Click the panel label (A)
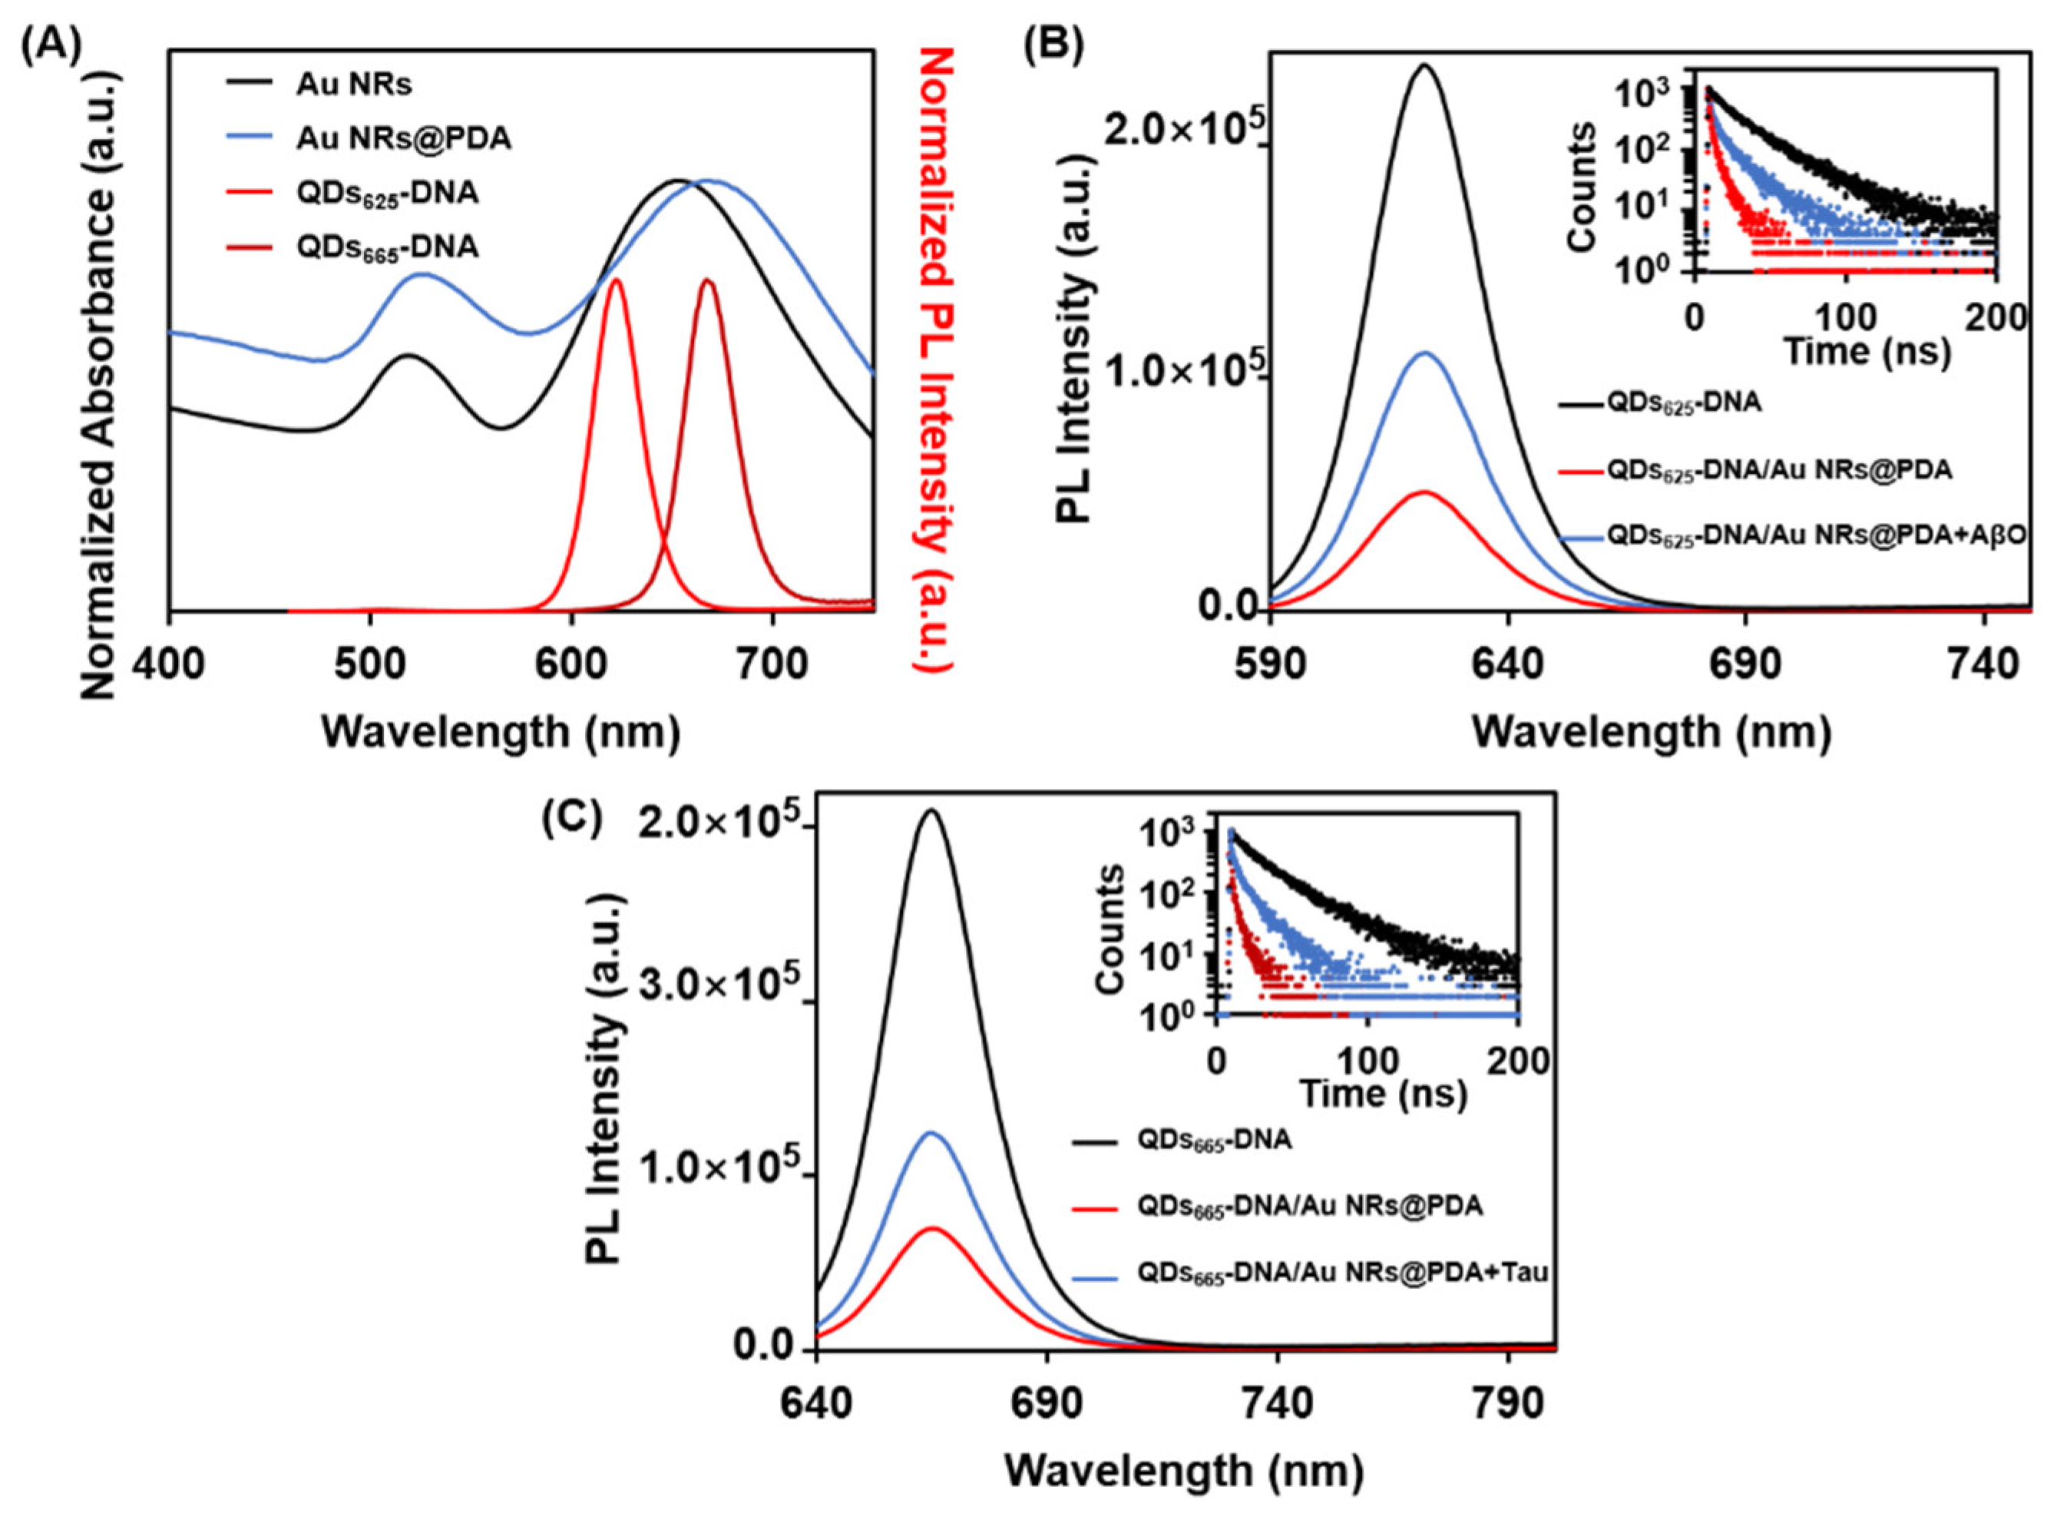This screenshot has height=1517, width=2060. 51,43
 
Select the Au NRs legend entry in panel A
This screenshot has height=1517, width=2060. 353,84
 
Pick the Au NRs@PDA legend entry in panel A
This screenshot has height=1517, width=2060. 403,139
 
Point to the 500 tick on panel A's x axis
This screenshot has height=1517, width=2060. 369,662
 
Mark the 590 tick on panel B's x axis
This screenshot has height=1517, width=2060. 1270,664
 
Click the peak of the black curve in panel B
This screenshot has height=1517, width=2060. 1425,65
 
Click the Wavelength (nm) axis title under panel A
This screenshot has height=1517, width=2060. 501,731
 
